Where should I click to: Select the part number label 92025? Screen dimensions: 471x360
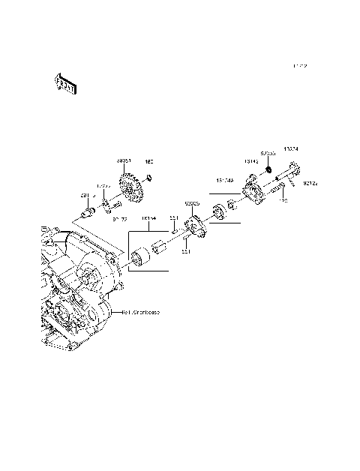(x=192, y=202)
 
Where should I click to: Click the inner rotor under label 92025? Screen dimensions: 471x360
(x=194, y=223)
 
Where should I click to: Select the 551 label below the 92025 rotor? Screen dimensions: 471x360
(x=185, y=253)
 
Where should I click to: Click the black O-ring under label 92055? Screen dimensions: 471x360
(x=265, y=172)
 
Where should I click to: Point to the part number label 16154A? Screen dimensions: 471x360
(x=226, y=181)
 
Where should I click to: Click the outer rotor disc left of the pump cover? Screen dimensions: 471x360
(x=220, y=211)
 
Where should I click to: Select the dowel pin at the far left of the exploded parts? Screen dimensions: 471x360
(x=85, y=216)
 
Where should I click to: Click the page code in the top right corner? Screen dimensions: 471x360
(x=300, y=66)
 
